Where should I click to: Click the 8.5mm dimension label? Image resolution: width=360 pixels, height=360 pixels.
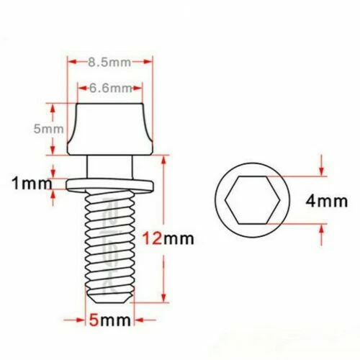109,63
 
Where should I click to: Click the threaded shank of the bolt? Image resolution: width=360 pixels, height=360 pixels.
109,245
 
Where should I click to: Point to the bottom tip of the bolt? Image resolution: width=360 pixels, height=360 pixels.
109,297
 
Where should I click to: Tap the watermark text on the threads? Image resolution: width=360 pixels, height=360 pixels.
109,245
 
